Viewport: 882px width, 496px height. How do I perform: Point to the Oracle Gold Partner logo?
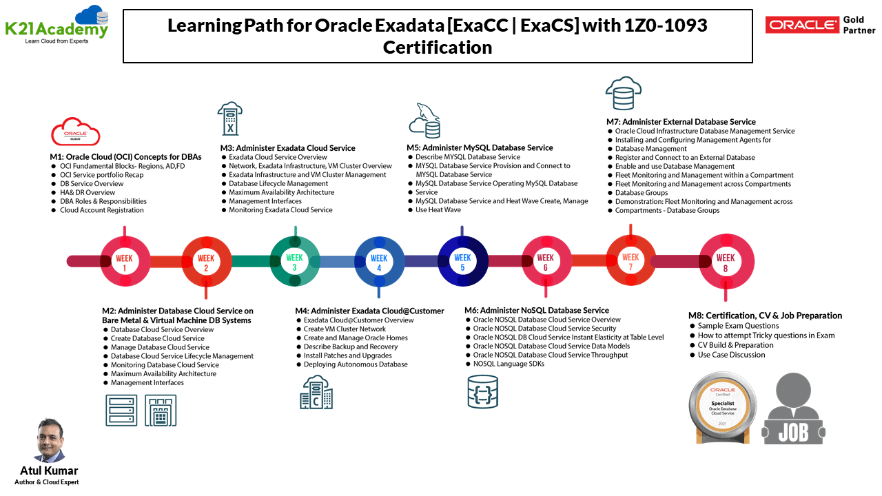(x=820, y=25)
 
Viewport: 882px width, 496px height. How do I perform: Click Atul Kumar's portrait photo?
(x=49, y=440)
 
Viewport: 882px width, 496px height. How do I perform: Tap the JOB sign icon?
(x=793, y=409)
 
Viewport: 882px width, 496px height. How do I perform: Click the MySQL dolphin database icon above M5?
(x=424, y=121)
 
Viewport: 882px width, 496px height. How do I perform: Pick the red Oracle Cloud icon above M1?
(x=75, y=132)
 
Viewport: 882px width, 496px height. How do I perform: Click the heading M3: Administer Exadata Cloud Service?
(x=287, y=147)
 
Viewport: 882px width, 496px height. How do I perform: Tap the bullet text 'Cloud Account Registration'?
(x=102, y=210)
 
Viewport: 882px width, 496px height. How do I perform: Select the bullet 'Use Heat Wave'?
(x=438, y=209)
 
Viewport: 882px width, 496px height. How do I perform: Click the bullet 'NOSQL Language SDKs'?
(x=509, y=364)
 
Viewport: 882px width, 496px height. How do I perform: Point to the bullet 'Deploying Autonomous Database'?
(x=356, y=364)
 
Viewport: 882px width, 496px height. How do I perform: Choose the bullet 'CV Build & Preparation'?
(x=735, y=345)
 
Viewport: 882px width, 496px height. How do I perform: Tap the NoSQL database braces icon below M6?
(x=482, y=391)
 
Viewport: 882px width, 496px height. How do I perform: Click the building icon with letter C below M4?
(x=316, y=393)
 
